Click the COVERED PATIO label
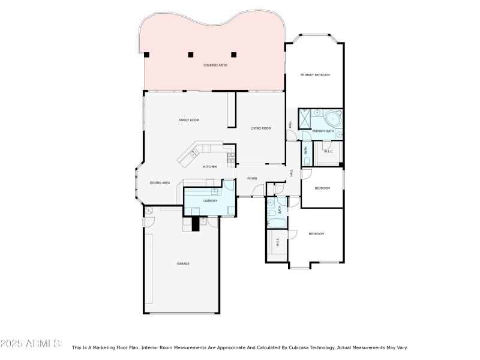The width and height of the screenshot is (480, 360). [214, 65]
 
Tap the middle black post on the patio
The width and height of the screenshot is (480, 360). [190, 55]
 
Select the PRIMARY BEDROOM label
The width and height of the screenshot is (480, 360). [315, 74]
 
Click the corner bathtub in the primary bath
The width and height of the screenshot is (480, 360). [332, 117]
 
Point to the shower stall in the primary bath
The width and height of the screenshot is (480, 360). [305, 119]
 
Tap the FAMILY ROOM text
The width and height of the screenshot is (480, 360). [188, 120]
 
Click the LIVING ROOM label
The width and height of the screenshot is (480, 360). [260, 128]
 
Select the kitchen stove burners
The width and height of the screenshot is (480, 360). [230, 158]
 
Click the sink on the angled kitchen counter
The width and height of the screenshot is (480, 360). [194, 154]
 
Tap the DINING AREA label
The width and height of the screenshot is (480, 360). [160, 182]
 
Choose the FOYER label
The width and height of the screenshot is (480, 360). [252, 178]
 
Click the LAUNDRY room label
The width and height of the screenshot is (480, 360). [209, 200]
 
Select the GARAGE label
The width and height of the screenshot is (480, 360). [182, 263]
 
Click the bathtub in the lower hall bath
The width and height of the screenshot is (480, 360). [277, 224]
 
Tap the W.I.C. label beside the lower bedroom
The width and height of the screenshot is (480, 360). [277, 242]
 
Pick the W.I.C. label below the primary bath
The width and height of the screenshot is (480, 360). [328, 151]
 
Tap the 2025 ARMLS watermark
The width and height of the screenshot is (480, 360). [30, 344]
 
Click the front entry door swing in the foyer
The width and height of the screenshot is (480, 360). [259, 191]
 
